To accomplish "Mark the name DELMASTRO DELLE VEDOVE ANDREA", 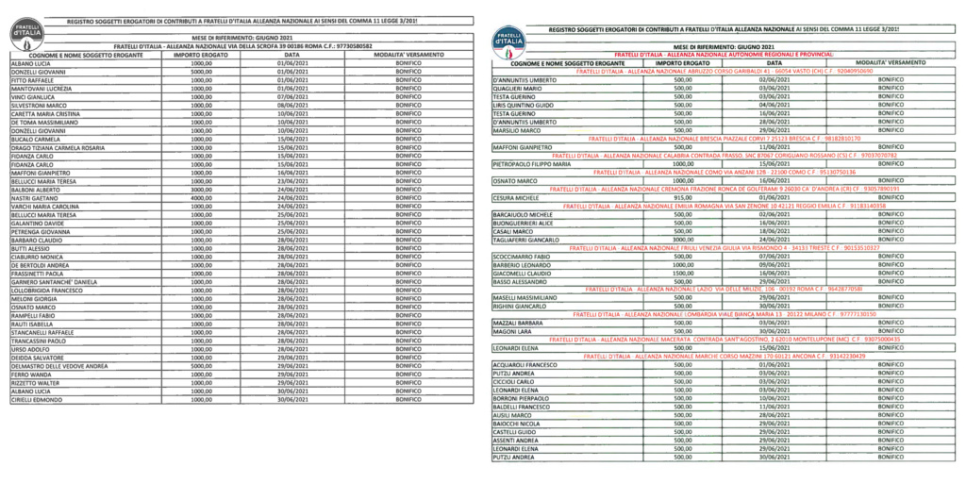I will tap(57, 366).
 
